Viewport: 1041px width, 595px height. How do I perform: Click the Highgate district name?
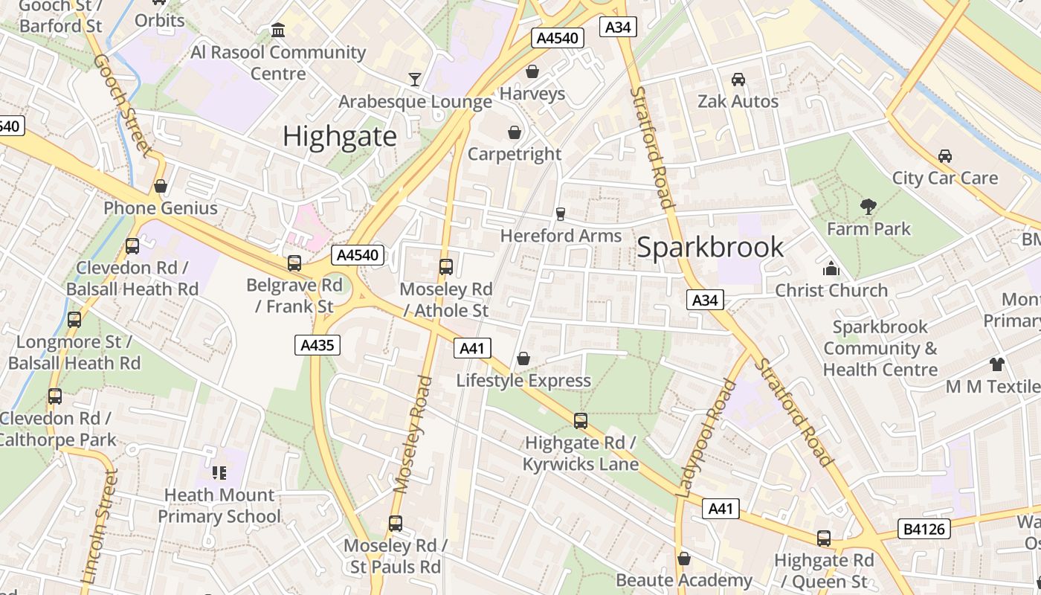click(x=340, y=136)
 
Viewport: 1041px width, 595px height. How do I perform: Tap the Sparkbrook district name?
click(x=710, y=247)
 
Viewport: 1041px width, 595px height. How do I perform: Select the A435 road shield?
click(x=318, y=344)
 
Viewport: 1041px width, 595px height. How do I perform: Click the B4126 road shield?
click(x=924, y=529)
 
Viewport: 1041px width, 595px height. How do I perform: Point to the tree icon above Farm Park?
click(x=868, y=207)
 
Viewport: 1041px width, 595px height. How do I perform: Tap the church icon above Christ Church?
click(x=831, y=268)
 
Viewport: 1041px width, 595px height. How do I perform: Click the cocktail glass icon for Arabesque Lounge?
click(x=415, y=79)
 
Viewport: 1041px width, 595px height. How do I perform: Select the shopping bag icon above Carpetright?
click(x=514, y=132)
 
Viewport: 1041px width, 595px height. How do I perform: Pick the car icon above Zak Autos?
click(x=738, y=80)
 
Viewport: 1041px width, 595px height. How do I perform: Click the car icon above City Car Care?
click(x=944, y=156)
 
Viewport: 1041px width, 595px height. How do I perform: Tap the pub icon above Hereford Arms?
click(x=561, y=214)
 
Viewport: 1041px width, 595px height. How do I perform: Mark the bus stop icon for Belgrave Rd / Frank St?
click(x=294, y=263)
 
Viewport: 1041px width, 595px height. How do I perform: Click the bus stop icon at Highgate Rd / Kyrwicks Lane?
click(x=581, y=421)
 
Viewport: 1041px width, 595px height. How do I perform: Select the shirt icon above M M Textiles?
click(x=996, y=364)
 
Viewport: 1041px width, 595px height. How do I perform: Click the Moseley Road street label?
click(x=413, y=435)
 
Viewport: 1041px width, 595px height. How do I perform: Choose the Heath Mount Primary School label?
click(x=219, y=506)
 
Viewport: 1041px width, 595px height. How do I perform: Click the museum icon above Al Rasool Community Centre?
click(x=278, y=30)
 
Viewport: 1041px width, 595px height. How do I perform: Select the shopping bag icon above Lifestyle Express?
click(x=523, y=359)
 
